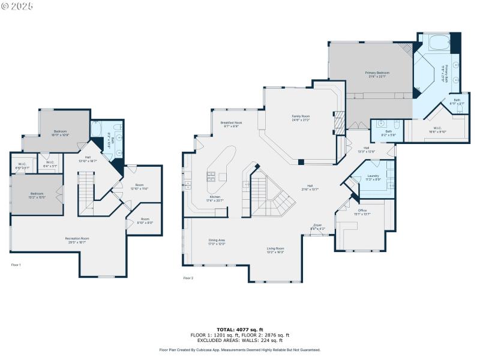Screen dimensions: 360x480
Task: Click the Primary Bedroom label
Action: pos(378,75)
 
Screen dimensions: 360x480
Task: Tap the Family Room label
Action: pos(301,118)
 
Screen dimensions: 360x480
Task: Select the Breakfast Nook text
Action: pos(231,124)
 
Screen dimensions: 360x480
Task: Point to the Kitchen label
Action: pos(215,198)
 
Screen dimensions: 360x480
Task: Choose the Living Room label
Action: pos(275,250)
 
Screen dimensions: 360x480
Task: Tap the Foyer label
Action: pos(317,227)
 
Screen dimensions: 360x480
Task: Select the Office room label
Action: pos(362,212)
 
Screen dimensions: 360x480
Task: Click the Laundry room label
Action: pos(374,178)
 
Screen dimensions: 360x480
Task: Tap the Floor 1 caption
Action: pos(16,265)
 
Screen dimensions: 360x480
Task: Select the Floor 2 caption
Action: pos(188,278)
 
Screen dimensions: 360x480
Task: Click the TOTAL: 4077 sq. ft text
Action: pos(240,329)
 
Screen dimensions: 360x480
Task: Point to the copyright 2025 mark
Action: pos(17,5)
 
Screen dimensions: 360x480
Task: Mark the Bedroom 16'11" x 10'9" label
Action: pos(61,133)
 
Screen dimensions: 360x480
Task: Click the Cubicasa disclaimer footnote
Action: pos(240,350)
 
